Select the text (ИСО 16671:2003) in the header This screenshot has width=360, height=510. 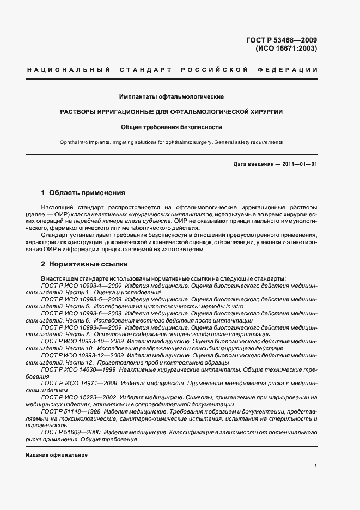tap(286, 48)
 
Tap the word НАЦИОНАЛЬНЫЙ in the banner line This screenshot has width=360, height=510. tap(69, 70)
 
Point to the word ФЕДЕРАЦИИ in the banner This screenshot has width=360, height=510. tap(294, 70)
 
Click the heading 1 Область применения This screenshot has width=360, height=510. tap(83, 192)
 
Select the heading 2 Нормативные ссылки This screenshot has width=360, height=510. tap(84, 264)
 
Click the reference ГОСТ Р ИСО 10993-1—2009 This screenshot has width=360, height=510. tap(81, 284)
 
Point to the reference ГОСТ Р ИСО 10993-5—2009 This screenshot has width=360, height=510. tap(81, 300)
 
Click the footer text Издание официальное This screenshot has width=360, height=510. tap(57, 455)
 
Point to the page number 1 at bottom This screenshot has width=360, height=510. tap(315, 466)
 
